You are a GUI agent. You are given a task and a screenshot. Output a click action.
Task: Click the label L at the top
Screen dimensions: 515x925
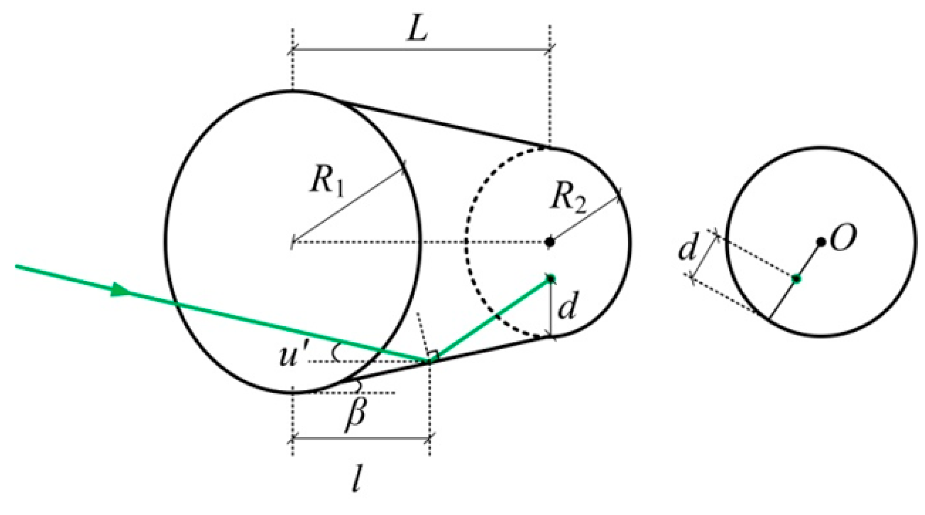coord(417,30)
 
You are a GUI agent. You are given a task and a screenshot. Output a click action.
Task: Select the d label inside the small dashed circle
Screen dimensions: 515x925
coord(567,307)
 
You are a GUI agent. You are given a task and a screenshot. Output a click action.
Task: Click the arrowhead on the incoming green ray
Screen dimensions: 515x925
coord(120,290)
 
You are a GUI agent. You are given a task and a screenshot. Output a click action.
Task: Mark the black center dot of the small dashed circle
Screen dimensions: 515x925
coord(550,241)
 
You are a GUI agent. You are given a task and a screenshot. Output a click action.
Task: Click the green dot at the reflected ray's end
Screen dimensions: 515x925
coord(551,278)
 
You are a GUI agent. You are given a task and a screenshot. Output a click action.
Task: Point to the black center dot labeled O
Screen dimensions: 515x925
coord(821,241)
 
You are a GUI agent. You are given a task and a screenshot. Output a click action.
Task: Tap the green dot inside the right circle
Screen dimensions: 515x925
coord(796,278)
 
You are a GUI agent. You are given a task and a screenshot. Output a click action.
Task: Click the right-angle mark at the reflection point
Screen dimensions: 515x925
coord(433,355)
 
